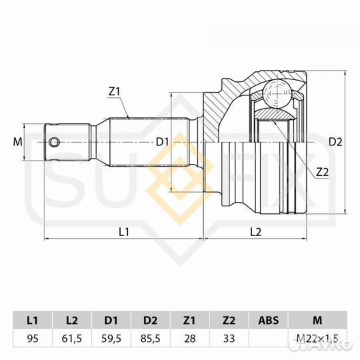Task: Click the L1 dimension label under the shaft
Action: pyautogui.click(x=123, y=231)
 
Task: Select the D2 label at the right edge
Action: pyautogui.click(x=335, y=141)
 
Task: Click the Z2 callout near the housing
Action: pyautogui.click(x=323, y=172)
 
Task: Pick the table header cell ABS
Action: pyautogui.click(x=268, y=319)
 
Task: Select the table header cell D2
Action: pyautogui.click(x=151, y=319)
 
